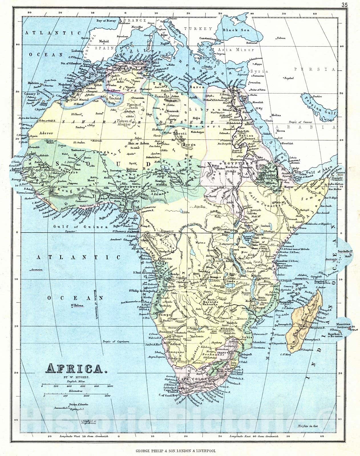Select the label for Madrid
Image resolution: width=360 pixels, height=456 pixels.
tap(104, 41)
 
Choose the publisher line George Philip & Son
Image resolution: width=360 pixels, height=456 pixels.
tap(175, 451)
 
